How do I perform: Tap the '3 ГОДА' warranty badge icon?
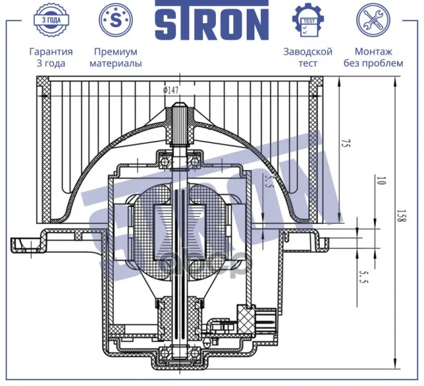51,20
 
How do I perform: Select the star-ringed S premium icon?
116,20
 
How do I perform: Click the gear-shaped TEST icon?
308,20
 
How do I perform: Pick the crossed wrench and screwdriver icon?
373,20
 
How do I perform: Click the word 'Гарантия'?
51,51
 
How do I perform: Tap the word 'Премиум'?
116,51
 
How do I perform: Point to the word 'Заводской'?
308,51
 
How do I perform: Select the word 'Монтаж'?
373,51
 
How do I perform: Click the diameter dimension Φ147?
171,90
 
